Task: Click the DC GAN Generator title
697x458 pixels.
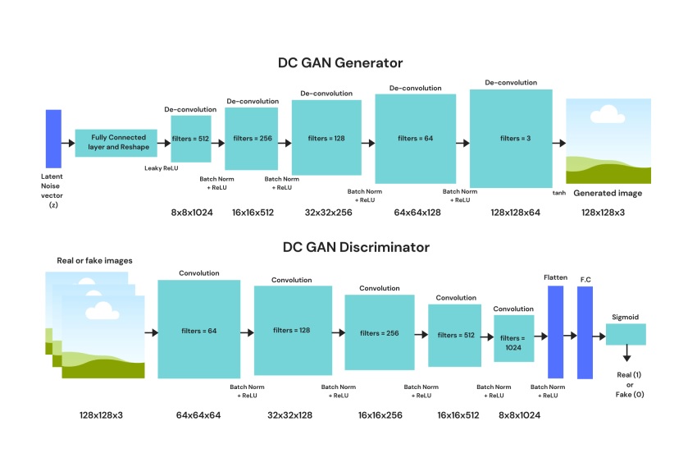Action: pos(339,63)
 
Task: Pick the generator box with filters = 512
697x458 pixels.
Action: pos(190,139)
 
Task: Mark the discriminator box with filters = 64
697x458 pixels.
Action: pos(198,330)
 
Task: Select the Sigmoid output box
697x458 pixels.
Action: pos(626,334)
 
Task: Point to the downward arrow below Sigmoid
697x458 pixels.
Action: pos(626,353)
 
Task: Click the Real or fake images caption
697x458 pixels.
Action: pos(94,260)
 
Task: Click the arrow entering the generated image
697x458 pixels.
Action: pos(558,143)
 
